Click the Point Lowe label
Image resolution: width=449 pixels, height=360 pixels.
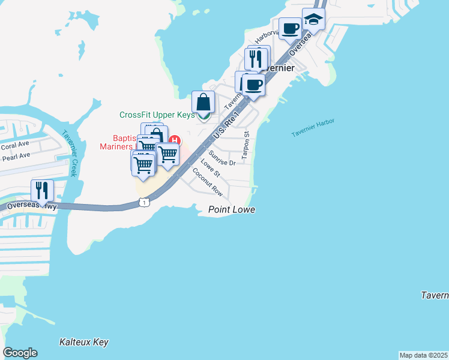[x=232, y=209]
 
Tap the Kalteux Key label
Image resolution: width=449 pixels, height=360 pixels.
[x=84, y=342]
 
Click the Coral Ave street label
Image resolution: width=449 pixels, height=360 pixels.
[x=15, y=146]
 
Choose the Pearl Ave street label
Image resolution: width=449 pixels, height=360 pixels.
[x=16, y=156]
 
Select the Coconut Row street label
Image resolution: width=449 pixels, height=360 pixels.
[x=208, y=182]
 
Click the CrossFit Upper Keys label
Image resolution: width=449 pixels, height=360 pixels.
[x=157, y=115]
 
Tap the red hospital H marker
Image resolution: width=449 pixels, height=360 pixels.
[x=174, y=140]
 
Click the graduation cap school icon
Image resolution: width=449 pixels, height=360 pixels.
[x=313, y=19]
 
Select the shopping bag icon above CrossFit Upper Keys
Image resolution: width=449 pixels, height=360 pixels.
[x=203, y=102]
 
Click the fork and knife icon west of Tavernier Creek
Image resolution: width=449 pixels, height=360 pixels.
[x=42, y=191]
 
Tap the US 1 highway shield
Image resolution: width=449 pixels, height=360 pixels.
[x=144, y=203]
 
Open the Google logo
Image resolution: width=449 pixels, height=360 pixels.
[x=20, y=353]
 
